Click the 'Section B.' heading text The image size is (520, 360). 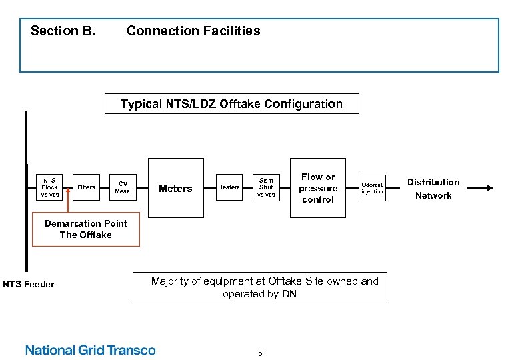coord(63,31)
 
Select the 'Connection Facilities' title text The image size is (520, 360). coord(193,31)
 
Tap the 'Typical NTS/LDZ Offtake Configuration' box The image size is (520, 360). coord(231,104)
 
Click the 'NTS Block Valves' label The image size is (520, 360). coord(49,187)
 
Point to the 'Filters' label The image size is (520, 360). coord(86,187)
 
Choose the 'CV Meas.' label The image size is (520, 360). coord(123,187)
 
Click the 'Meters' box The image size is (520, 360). coord(175,188)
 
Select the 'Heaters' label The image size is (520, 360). coord(229,187)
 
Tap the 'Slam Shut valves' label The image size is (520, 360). coord(266,187)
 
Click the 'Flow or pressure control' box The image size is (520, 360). coord(318,188)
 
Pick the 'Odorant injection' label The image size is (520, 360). coord(372,188)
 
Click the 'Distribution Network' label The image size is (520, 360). coord(433,189)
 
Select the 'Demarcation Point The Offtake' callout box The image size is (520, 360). coord(86,229)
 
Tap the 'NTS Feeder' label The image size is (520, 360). coord(29,285)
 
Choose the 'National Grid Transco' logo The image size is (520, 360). coord(90,350)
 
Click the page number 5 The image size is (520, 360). coord(260,353)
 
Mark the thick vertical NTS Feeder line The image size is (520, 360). coord(27,200)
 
